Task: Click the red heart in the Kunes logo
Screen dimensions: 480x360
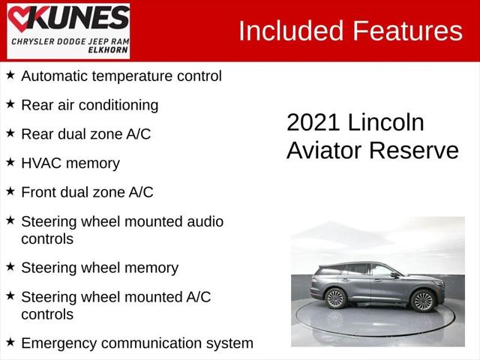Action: pos(19,18)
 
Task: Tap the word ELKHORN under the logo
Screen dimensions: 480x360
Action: pos(108,50)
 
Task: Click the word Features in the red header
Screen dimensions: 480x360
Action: pos(408,31)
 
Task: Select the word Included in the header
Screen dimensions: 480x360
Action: pos(291,31)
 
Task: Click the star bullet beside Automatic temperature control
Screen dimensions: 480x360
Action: pos(10,75)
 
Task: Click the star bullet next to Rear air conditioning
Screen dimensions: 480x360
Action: pos(10,103)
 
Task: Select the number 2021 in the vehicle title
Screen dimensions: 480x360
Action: pos(313,122)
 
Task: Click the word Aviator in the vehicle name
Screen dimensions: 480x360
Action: pos(325,150)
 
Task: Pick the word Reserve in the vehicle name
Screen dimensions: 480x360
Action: pos(414,150)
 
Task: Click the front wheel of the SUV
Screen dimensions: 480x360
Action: pos(424,301)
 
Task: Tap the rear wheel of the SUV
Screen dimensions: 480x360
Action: pos(335,298)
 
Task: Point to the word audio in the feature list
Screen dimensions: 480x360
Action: pos(205,222)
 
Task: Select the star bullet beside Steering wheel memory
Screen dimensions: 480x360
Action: pos(10,266)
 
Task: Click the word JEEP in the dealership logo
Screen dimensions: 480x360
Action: pos(97,41)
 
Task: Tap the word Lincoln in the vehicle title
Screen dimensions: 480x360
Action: pos(385,122)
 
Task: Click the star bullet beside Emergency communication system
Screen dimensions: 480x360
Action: pos(10,342)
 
